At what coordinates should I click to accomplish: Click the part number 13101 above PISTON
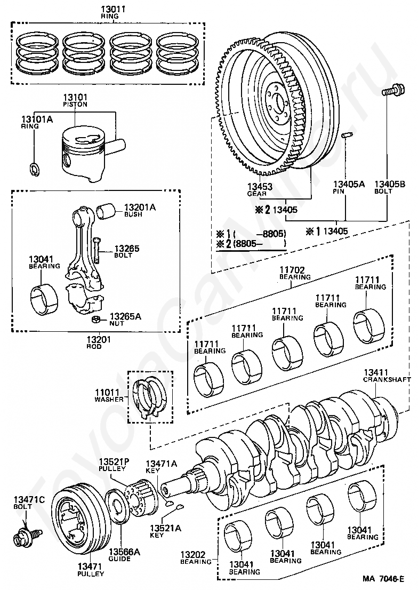75,98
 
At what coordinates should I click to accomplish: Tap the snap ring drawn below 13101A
34,169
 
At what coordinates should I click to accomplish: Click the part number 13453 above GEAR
260,186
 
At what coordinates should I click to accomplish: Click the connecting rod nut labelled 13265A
97,320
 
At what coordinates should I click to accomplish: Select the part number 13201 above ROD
99,339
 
